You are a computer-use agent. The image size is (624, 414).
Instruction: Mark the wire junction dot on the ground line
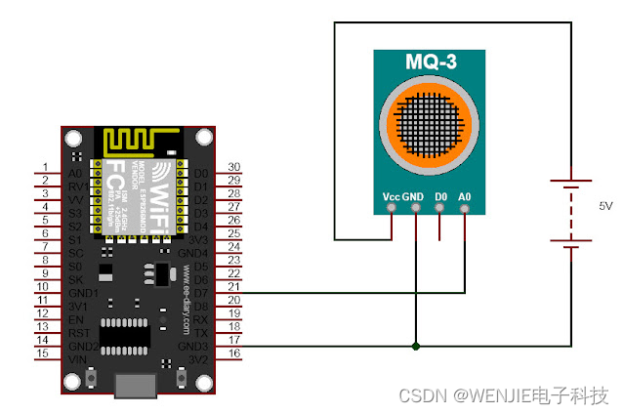coord(416,346)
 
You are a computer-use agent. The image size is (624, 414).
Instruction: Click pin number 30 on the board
coord(233,168)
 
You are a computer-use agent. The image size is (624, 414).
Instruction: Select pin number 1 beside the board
coord(44,168)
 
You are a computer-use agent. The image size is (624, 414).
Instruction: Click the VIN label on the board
coord(76,358)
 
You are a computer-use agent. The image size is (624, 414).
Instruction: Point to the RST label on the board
coord(78,332)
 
